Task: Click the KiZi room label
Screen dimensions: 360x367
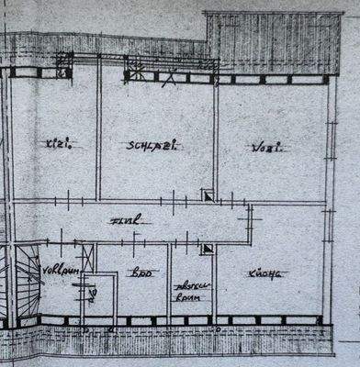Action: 57,143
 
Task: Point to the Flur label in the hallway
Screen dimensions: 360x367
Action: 126,220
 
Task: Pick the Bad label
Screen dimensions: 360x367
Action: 142,272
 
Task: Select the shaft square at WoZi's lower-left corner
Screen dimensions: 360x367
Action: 208,195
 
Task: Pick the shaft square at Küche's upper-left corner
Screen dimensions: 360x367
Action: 208,247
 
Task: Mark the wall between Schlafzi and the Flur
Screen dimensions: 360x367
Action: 152,200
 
